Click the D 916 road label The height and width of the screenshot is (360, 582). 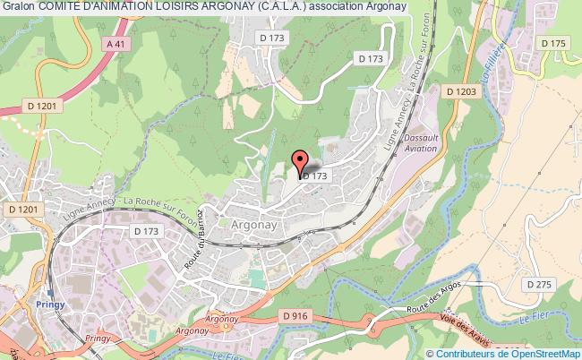coord(295,316)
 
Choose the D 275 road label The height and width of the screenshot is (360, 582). coord(540,284)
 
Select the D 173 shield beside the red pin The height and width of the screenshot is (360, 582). coord(315,176)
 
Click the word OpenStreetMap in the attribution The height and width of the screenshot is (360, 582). coord(545,354)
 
